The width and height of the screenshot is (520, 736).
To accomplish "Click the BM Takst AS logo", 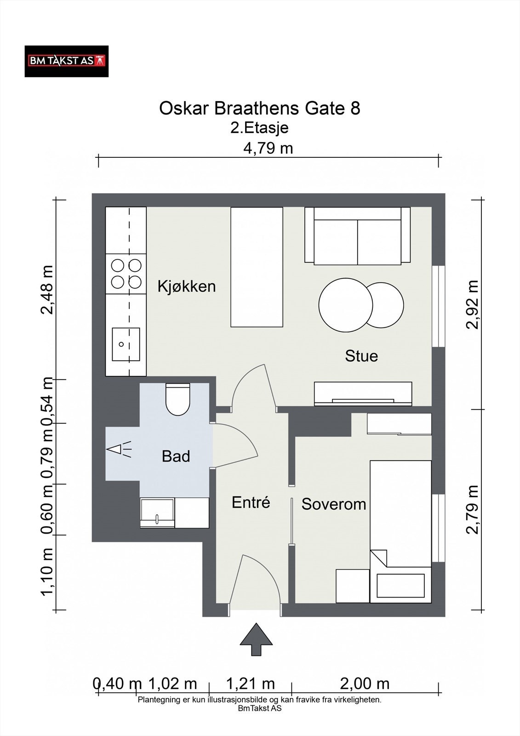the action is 67,62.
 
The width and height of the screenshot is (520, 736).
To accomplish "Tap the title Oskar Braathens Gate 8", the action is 259,108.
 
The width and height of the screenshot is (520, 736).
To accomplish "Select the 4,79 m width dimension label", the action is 268,148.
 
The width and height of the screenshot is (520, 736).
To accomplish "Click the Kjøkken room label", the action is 187,287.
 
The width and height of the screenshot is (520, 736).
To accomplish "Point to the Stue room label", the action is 361,356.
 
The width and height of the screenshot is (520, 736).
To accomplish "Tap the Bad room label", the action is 176,456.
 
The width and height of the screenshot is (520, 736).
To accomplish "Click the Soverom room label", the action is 334,504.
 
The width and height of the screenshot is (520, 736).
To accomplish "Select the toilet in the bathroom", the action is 178,399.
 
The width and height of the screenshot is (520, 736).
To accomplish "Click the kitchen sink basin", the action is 126,344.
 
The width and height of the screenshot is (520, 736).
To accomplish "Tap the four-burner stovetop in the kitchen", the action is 126,274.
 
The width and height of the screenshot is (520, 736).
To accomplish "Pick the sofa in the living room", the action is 357,236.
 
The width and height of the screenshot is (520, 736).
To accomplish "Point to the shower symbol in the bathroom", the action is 119,449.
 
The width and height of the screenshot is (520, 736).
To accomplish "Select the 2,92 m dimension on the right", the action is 473,305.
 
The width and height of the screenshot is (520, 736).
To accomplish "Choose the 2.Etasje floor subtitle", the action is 259,128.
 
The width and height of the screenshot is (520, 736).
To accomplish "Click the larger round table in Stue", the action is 346,305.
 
